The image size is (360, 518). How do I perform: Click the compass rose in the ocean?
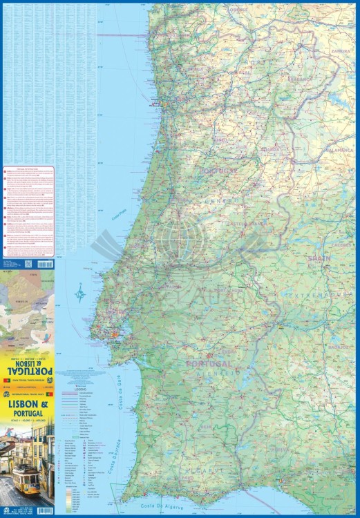81,294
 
